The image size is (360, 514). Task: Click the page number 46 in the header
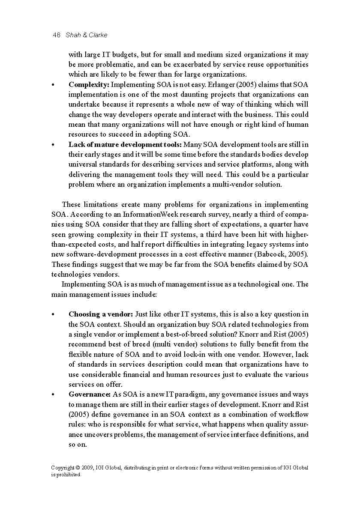(x=56, y=35)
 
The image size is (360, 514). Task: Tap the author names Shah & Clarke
(x=87, y=35)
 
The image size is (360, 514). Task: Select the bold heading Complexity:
(x=89, y=84)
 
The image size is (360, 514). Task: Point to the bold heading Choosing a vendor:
(x=101, y=314)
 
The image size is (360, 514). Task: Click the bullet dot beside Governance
(x=53, y=394)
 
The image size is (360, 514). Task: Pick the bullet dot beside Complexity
(x=53, y=85)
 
